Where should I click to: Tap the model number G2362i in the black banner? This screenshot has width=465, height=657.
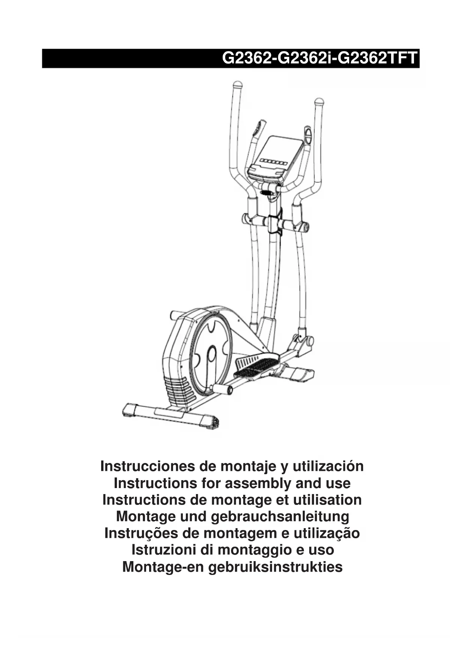click(303, 59)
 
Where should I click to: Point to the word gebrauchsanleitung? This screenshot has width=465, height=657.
click(280, 517)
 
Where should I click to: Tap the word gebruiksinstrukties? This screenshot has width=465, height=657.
click(275, 567)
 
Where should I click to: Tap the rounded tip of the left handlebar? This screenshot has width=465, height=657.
click(237, 85)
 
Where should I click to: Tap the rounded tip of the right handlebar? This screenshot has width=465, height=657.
click(319, 102)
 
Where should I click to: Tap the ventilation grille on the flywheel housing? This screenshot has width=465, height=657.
click(180, 390)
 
